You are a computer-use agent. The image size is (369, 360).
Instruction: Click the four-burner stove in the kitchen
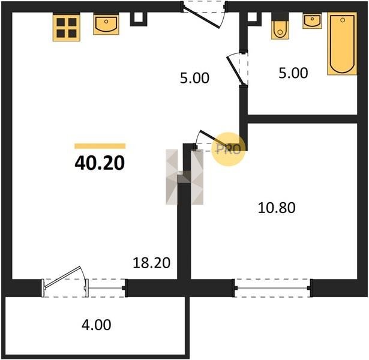pyautogui.click(x=67, y=28)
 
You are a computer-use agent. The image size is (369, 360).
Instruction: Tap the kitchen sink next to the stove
pyautogui.click(x=106, y=24)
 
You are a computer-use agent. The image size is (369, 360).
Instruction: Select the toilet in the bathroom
pyautogui.click(x=280, y=26)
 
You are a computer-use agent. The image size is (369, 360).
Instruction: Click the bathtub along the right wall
pyautogui.click(x=342, y=44)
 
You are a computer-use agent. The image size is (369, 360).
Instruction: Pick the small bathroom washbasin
pyautogui.click(x=312, y=21)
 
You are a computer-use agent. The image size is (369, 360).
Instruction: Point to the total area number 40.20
pyautogui.click(x=100, y=163)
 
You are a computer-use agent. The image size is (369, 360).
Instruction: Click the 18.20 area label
pyautogui.click(x=151, y=263)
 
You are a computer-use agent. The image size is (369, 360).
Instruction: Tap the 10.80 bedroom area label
pyautogui.click(x=277, y=208)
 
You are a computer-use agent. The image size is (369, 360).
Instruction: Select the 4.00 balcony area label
pyautogui.click(x=96, y=325)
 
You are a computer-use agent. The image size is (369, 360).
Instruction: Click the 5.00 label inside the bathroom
pyautogui.click(x=293, y=73)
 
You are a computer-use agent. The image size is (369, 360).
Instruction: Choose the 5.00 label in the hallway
pyautogui.click(x=194, y=78)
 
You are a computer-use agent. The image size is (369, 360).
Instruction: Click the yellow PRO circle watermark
pyautogui.click(x=228, y=149)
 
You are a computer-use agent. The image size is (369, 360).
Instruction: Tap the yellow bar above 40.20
pyautogui.click(x=100, y=146)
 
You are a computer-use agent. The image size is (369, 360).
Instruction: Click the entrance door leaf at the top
pyautogui.click(x=202, y=17)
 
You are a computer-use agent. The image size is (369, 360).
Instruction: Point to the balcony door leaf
pyautogui.click(x=62, y=277)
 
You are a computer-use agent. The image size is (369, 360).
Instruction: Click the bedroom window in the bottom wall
pyautogui.click(x=272, y=288)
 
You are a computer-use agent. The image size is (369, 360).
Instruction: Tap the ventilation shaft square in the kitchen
pyautogui.click(x=139, y=19)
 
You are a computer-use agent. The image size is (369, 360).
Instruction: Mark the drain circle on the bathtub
pyautogui.click(x=343, y=20)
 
